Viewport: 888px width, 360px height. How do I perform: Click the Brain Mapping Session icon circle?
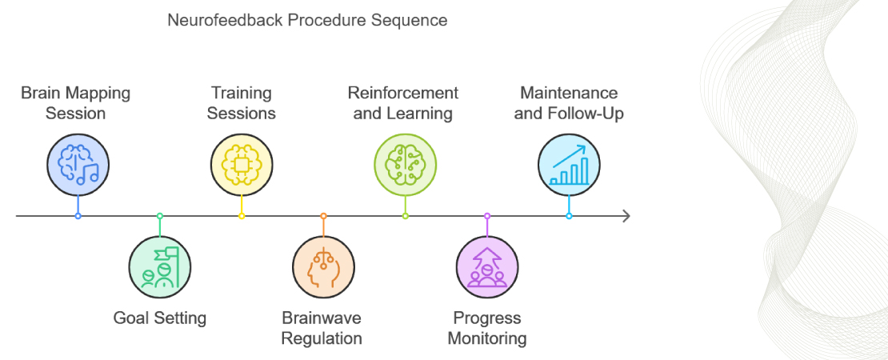tap(78, 165)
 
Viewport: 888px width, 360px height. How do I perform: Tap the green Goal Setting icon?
tap(160, 266)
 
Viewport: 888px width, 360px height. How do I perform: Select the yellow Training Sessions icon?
tap(242, 165)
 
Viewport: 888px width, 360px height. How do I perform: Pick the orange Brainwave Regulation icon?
tap(323, 266)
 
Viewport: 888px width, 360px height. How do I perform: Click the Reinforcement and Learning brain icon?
tap(406, 165)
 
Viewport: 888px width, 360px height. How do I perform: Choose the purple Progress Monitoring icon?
tap(487, 266)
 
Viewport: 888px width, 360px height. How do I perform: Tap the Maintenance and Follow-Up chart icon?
tap(569, 165)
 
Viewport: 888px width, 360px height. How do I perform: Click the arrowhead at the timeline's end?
tap(626, 216)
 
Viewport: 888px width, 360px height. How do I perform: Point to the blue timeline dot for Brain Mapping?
tap(78, 216)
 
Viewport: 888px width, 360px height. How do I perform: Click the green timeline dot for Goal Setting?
tap(160, 216)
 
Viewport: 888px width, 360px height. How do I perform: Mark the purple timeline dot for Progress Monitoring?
tap(487, 216)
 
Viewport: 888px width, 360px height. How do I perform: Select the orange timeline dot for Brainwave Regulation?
tap(323, 216)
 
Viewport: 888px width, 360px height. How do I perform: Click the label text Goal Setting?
tap(160, 318)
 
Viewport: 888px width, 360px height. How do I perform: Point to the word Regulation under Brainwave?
tap(322, 338)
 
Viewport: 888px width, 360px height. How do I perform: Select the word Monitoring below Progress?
tap(487, 338)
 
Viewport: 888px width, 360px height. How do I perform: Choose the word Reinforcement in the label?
tap(403, 93)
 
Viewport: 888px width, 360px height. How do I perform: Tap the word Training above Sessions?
tap(242, 93)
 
